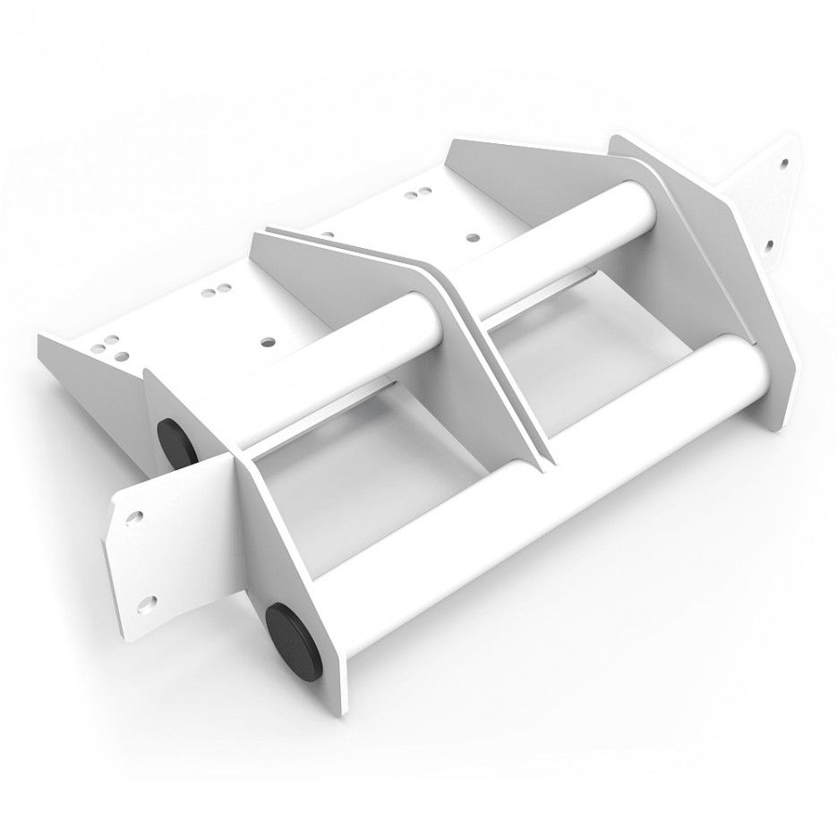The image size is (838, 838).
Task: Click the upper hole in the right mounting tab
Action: click(785, 165)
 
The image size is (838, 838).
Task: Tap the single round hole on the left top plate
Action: click(268, 341)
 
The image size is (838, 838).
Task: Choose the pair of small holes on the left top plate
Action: click(216, 291)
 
